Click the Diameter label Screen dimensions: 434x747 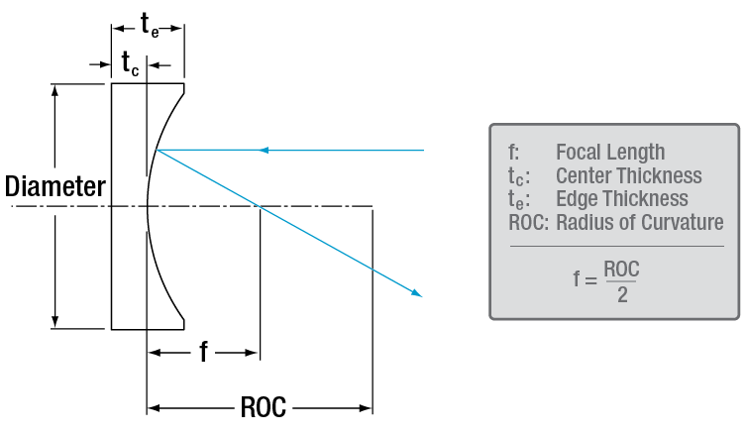tap(54, 186)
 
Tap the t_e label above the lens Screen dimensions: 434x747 tap(149, 27)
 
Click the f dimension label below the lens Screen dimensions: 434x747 tap(203, 353)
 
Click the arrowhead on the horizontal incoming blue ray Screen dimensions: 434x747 tap(263, 151)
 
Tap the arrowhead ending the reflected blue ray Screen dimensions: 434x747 tap(418, 293)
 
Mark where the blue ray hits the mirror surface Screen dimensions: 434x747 tap(157, 151)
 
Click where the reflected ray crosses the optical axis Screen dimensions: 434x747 tap(259, 207)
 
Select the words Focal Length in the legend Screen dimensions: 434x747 tap(610, 153)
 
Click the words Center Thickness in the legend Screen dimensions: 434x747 tap(628, 176)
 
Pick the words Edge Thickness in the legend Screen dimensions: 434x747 tap(621, 199)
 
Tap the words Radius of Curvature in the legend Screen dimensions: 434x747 tap(639, 223)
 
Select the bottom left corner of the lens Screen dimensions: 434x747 tap(112, 328)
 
